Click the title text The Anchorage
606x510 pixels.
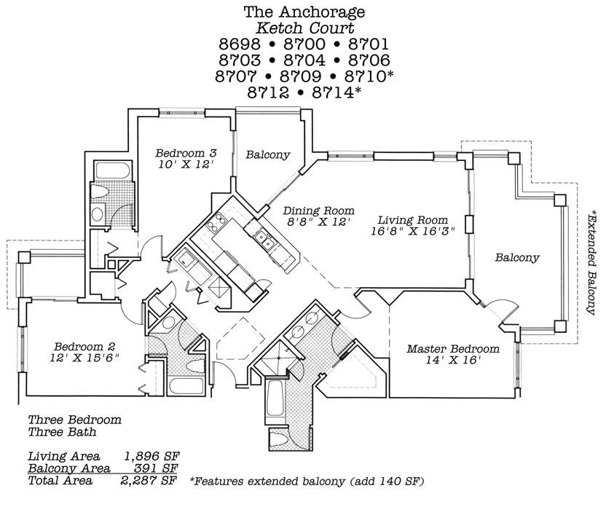pyautogui.click(x=304, y=12)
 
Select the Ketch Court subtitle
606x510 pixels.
pyautogui.click(x=304, y=28)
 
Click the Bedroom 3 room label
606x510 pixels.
pyautogui.click(x=186, y=153)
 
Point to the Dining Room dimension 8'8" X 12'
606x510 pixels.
pyautogui.click(x=318, y=223)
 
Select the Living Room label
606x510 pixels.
pyautogui.click(x=412, y=220)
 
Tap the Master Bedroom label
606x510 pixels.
pyautogui.click(x=453, y=348)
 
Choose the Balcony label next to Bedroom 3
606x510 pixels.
pyautogui.click(x=267, y=154)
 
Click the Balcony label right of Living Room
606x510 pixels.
pyautogui.click(x=517, y=257)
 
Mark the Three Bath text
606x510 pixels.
pyautogui.click(x=62, y=432)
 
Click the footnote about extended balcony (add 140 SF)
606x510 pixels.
pyautogui.click(x=306, y=482)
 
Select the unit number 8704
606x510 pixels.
pyautogui.click(x=304, y=60)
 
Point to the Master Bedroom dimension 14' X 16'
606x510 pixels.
pyautogui.click(x=453, y=361)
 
